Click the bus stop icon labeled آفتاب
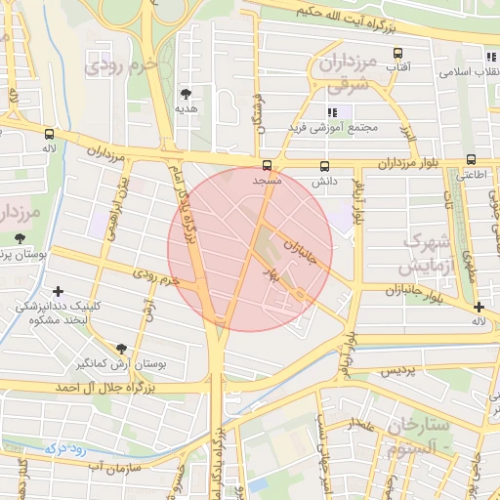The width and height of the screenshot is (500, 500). (397, 53)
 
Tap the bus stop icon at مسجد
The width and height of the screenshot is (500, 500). (268, 164)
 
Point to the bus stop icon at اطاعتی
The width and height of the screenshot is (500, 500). (472, 159)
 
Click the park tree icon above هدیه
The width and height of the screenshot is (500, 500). (186, 94)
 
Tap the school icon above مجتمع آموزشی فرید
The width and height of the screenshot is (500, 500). (333, 112)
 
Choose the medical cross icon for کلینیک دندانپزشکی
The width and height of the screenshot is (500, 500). (59, 291)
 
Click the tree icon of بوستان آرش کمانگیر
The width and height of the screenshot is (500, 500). (121, 349)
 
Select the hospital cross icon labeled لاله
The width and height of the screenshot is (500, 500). (479, 307)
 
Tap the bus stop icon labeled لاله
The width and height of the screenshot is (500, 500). (49, 133)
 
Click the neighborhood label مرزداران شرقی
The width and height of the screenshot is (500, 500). (347, 74)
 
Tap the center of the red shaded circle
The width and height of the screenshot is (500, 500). (250, 249)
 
